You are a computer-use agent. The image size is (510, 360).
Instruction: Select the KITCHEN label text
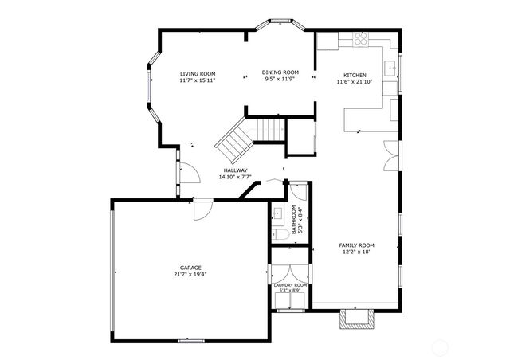click(x=351, y=75)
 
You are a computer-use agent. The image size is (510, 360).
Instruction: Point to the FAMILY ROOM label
click(x=356, y=245)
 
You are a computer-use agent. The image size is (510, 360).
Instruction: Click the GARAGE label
click(x=190, y=268)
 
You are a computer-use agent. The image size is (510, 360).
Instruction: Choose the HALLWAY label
click(x=235, y=170)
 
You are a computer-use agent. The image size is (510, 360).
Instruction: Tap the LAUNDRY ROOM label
click(x=290, y=284)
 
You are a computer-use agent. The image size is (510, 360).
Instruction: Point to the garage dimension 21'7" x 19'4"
click(x=190, y=274)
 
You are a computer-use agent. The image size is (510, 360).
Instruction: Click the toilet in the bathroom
click(x=280, y=235)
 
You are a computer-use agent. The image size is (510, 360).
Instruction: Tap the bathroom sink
click(x=277, y=213)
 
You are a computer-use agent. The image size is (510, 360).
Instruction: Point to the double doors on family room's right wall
click(x=390, y=155)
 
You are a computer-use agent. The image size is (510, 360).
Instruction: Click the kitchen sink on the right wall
click(x=390, y=67)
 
